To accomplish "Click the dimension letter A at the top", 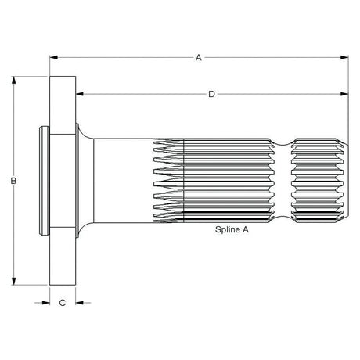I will (199, 57).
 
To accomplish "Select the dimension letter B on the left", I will (14, 182).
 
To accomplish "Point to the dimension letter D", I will (211, 95).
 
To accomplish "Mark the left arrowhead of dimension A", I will (53, 57).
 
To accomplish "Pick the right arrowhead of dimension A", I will (344, 57).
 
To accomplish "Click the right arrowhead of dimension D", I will (344, 95).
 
